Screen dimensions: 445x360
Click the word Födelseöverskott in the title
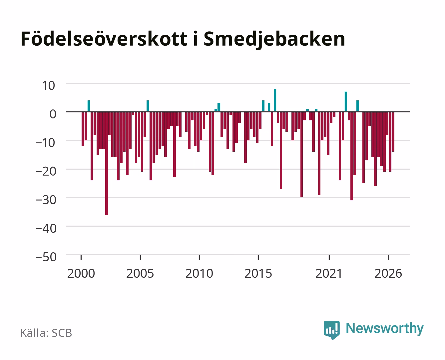[104, 39]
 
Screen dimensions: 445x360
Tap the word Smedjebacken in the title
[274, 40]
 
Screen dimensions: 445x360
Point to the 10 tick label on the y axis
[49, 86]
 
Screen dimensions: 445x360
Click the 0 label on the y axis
[53, 114]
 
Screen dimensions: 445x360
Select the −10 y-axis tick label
[46, 143]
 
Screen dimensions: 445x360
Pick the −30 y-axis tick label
[46, 200]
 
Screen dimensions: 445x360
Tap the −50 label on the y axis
[46, 257]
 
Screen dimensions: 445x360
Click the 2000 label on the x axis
[81, 273]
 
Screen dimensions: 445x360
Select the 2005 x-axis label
[140, 273]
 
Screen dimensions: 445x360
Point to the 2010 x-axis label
[199, 273]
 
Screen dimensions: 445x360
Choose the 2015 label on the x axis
[258, 273]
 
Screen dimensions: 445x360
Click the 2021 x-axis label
[329, 273]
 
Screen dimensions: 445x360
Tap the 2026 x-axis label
[388, 273]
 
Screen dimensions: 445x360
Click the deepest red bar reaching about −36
[107, 163]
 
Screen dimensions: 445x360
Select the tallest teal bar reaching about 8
[275, 100]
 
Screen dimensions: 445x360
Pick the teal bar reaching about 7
[346, 101]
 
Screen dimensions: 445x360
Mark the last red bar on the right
[393, 132]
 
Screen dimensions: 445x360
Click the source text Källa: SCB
[46, 333]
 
